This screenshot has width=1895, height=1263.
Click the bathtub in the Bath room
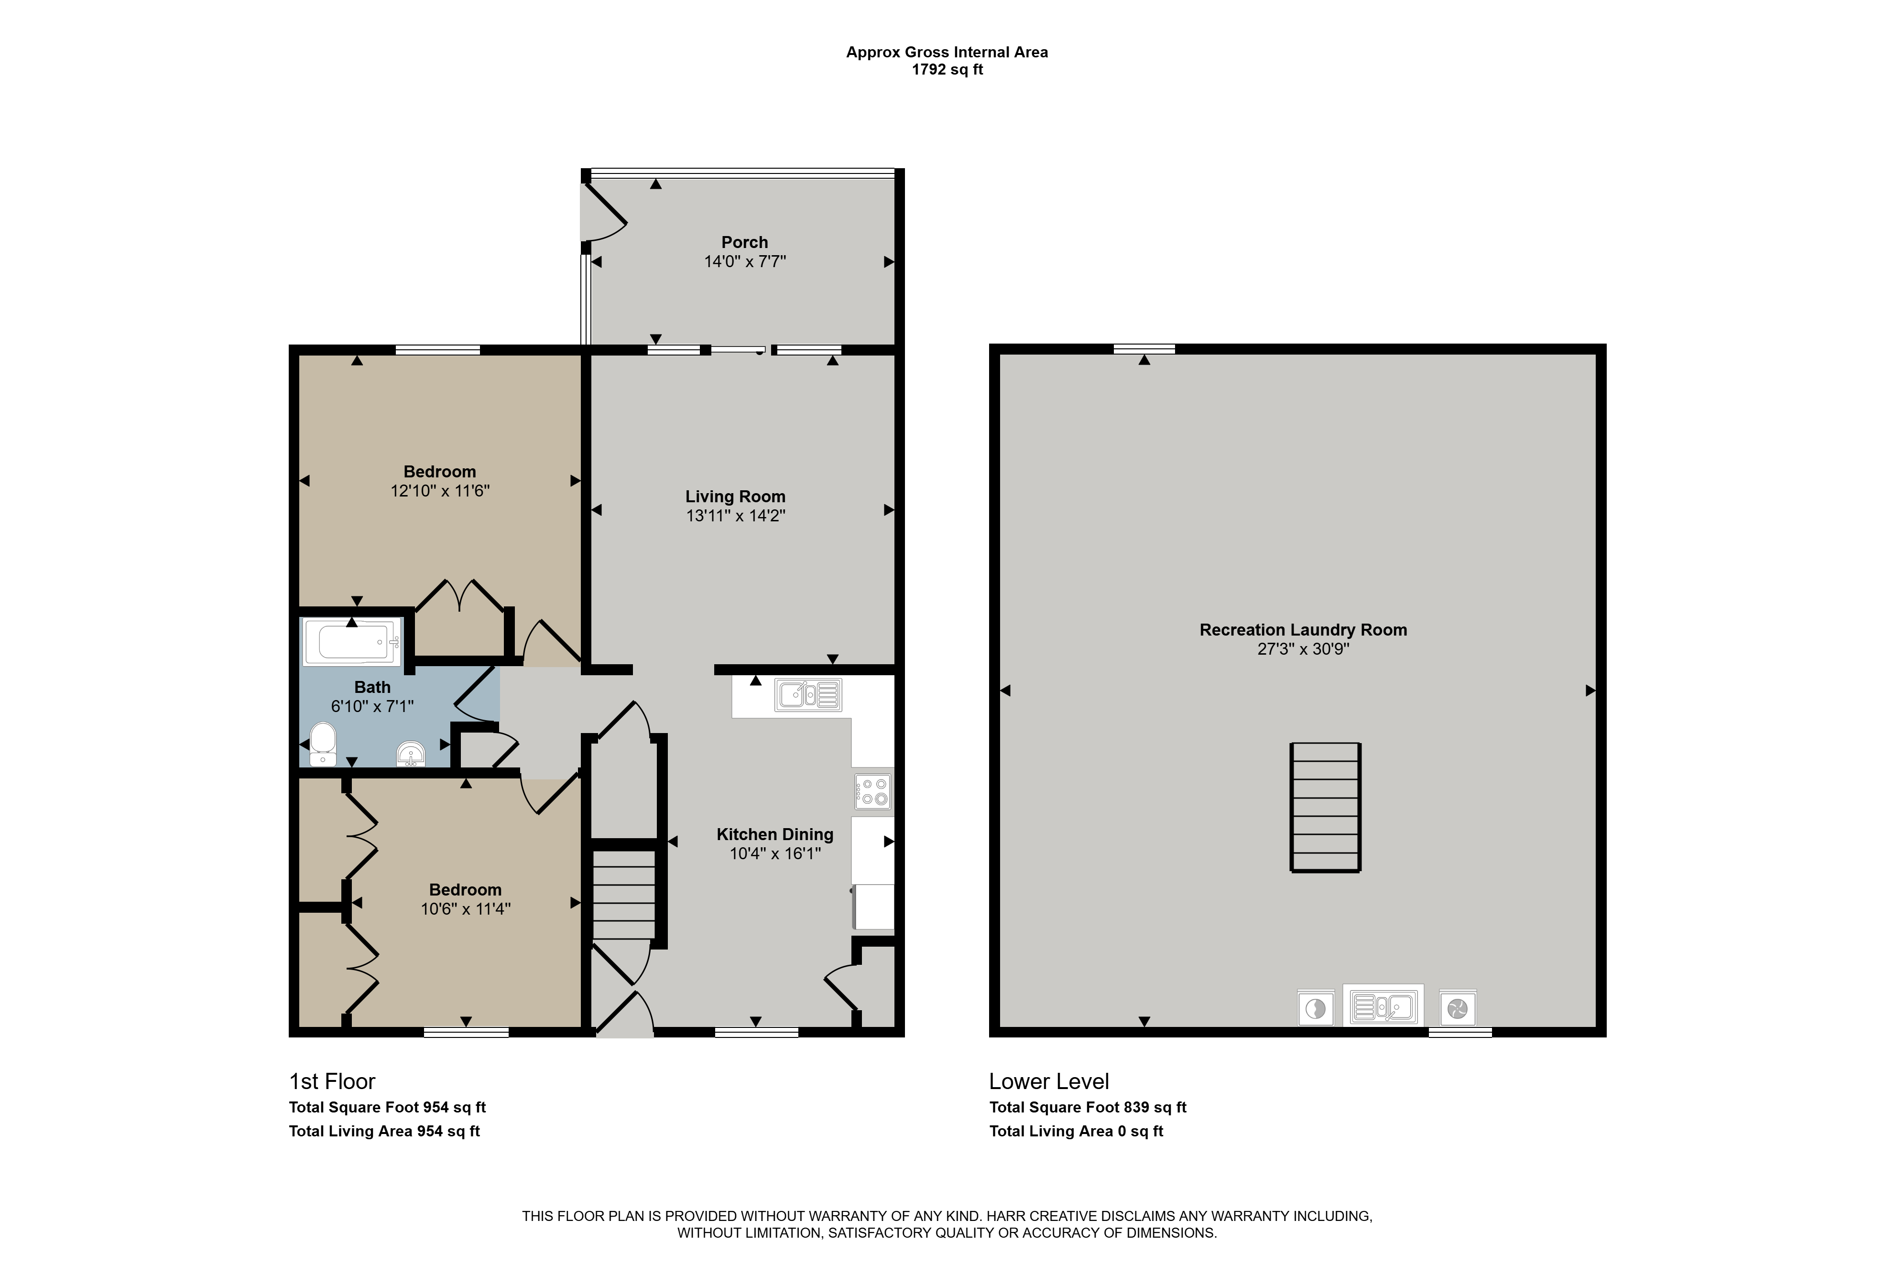pos(351,642)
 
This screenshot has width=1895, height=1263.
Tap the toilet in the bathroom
pos(323,744)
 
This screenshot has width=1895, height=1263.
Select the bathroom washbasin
pos(411,754)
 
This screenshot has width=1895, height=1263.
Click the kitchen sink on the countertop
pos(808,694)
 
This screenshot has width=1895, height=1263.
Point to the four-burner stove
pos(872,791)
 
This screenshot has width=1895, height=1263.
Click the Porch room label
pos(744,242)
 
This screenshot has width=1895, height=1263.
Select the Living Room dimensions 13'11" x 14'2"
pos(736,516)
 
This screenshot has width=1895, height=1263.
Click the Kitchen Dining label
pos(775,834)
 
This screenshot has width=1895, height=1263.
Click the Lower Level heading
pos(1049,1081)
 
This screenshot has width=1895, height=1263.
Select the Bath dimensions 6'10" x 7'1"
pos(372,706)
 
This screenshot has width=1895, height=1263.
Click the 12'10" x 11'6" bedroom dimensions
pos(440,491)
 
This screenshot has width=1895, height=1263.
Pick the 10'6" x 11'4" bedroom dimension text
pos(466,908)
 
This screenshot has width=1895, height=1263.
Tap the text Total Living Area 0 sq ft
pos(1077,1131)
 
